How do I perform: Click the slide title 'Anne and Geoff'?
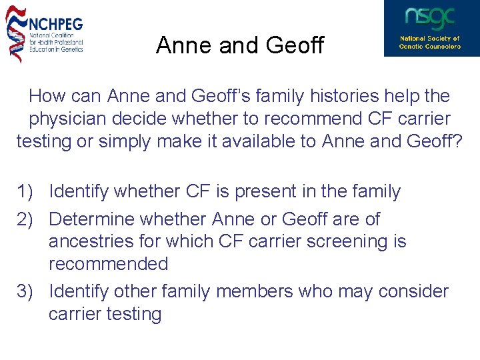coord(239,45)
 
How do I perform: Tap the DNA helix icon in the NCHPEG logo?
coord(15,33)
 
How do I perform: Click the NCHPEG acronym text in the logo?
coord(55,23)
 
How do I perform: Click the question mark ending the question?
coord(457,142)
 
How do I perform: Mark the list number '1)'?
coord(26,192)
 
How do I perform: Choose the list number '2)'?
coord(26,219)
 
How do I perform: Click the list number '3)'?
coord(26,291)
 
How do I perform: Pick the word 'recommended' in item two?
coord(108,264)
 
